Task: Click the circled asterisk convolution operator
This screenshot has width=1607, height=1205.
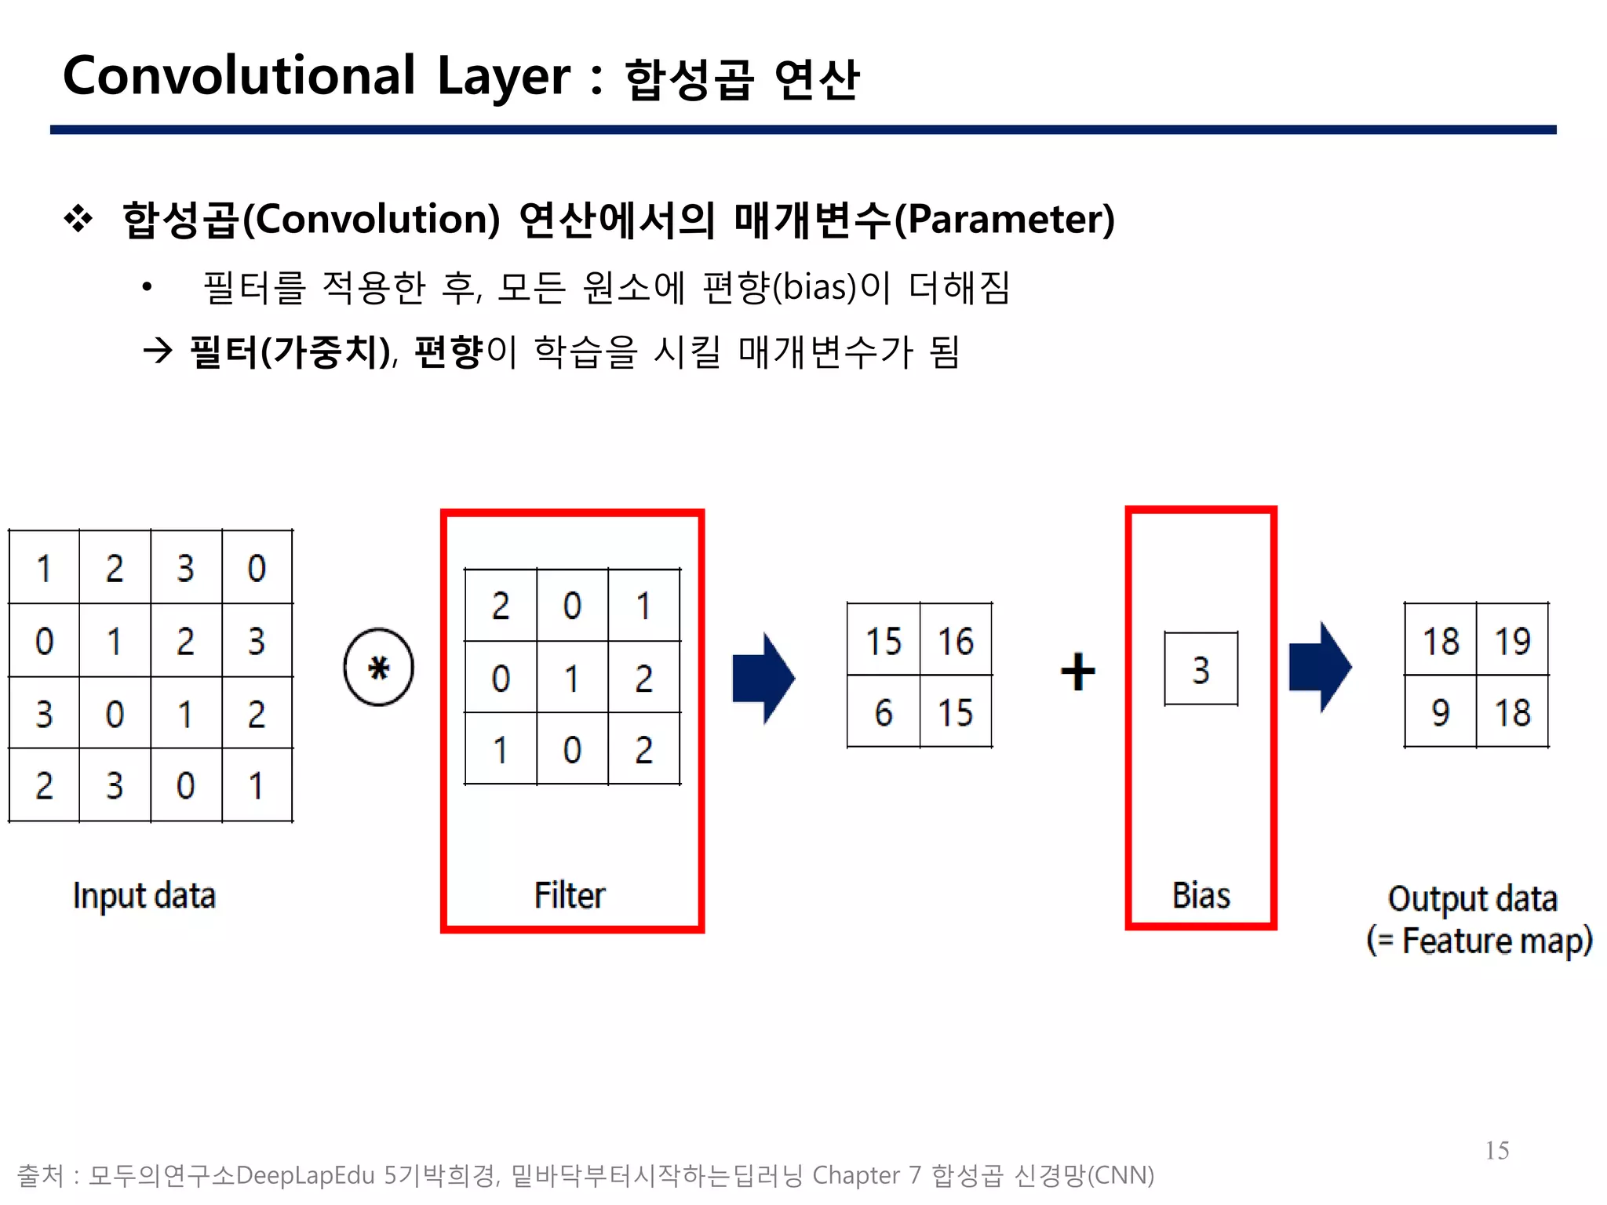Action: pyautogui.click(x=378, y=668)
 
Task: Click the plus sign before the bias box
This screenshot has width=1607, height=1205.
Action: pyautogui.click(x=1077, y=672)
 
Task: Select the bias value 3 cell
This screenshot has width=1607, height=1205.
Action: pyautogui.click(x=1201, y=669)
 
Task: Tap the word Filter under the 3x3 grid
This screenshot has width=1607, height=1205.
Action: pyautogui.click(x=570, y=895)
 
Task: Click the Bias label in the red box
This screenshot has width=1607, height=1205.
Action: pyautogui.click(x=1201, y=895)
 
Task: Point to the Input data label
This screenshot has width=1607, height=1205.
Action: pyautogui.click(x=144, y=896)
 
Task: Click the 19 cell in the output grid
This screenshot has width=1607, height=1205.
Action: pyautogui.click(x=1512, y=640)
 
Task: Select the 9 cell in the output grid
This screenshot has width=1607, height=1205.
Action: pyautogui.click(x=1440, y=712)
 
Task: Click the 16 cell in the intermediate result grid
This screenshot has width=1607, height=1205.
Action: pyautogui.click(x=956, y=640)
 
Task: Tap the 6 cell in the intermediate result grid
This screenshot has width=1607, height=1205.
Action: pyautogui.click(x=884, y=712)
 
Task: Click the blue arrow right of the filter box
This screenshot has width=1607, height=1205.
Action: pyautogui.click(x=763, y=678)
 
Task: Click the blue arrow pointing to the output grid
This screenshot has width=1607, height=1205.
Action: pyautogui.click(x=1320, y=668)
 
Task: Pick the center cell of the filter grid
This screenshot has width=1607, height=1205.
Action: pyautogui.click(x=572, y=678)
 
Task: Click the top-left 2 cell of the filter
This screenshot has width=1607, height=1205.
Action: pyautogui.click(x=501, y=606)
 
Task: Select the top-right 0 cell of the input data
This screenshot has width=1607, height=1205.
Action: pyautogui.click(x=257, y=568)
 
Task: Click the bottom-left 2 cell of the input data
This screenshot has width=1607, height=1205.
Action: pyautogui.click(x=44, y=785)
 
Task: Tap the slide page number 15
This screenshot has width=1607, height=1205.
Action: pyautogui.click(x=1496, y=1150)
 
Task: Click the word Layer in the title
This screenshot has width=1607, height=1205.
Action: pyautogui.click(x=503, y=77)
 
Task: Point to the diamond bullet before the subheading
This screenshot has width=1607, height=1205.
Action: pyautogui.click(x=78, y=219)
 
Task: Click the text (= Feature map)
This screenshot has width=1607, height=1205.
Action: pyautogui.click(x=1479, y=941)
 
